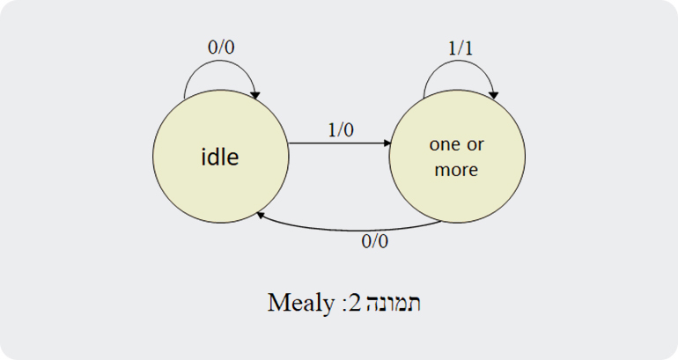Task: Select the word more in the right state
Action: tap(456, 170)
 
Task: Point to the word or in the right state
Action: tap(475, 143)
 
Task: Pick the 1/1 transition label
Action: tap(461, 49)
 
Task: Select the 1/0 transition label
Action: tap(340, 129)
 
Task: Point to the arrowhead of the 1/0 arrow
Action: tap(386, 143)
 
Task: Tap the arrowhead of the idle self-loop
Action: tap(256, 94)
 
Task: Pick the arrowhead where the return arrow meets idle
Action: tap(261, 213)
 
